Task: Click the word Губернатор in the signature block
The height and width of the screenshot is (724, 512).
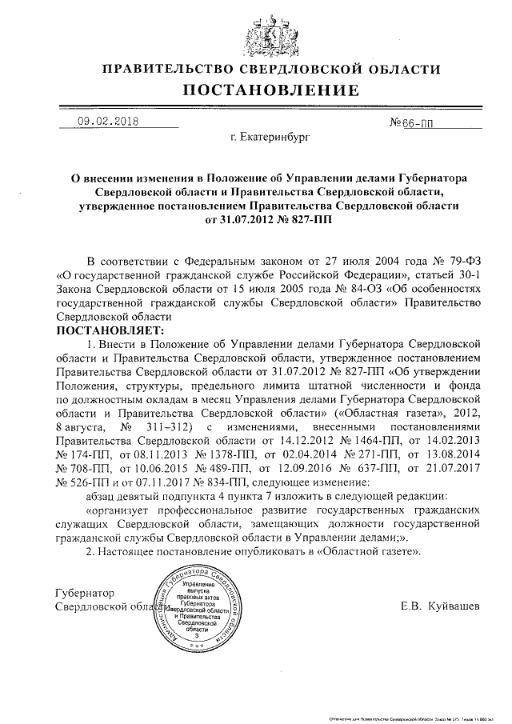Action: point(86,593)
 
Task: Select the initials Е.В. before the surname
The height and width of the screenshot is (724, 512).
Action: point(414,606)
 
